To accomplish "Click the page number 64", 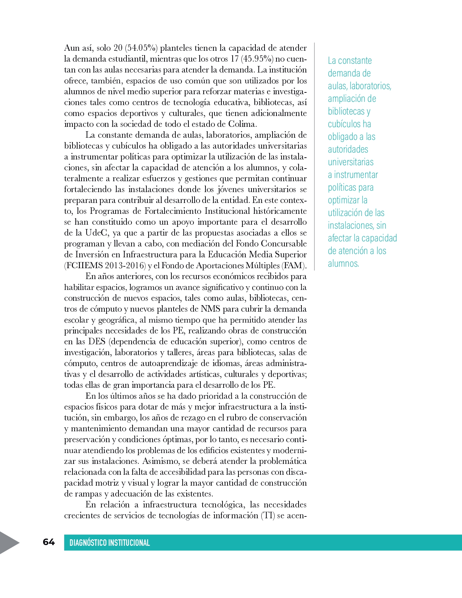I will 49,542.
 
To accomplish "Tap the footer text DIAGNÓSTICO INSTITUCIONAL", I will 109,543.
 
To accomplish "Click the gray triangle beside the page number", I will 9,543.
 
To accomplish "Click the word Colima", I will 242,124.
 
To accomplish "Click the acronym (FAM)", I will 294,265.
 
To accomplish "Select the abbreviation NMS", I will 210,309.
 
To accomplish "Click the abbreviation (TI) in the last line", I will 268,515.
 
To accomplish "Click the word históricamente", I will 280,211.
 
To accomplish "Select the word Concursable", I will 283,244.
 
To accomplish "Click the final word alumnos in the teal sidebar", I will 343,263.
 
